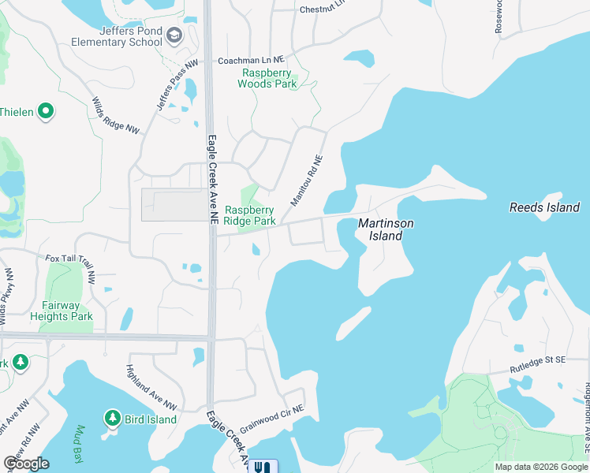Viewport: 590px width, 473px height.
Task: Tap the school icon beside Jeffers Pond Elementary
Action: click(174, 35)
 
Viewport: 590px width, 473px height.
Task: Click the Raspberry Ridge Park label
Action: click(250, 215)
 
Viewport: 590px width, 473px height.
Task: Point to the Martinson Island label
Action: click(386, 229)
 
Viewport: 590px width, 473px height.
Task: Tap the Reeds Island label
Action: click(544, 207)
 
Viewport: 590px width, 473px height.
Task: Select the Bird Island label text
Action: click(151, 419)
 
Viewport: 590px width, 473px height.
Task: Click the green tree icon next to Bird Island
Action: click(113, 417)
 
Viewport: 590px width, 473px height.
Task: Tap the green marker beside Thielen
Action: click(46, 112)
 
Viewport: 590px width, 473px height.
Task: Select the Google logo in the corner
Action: click(25, 464)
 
